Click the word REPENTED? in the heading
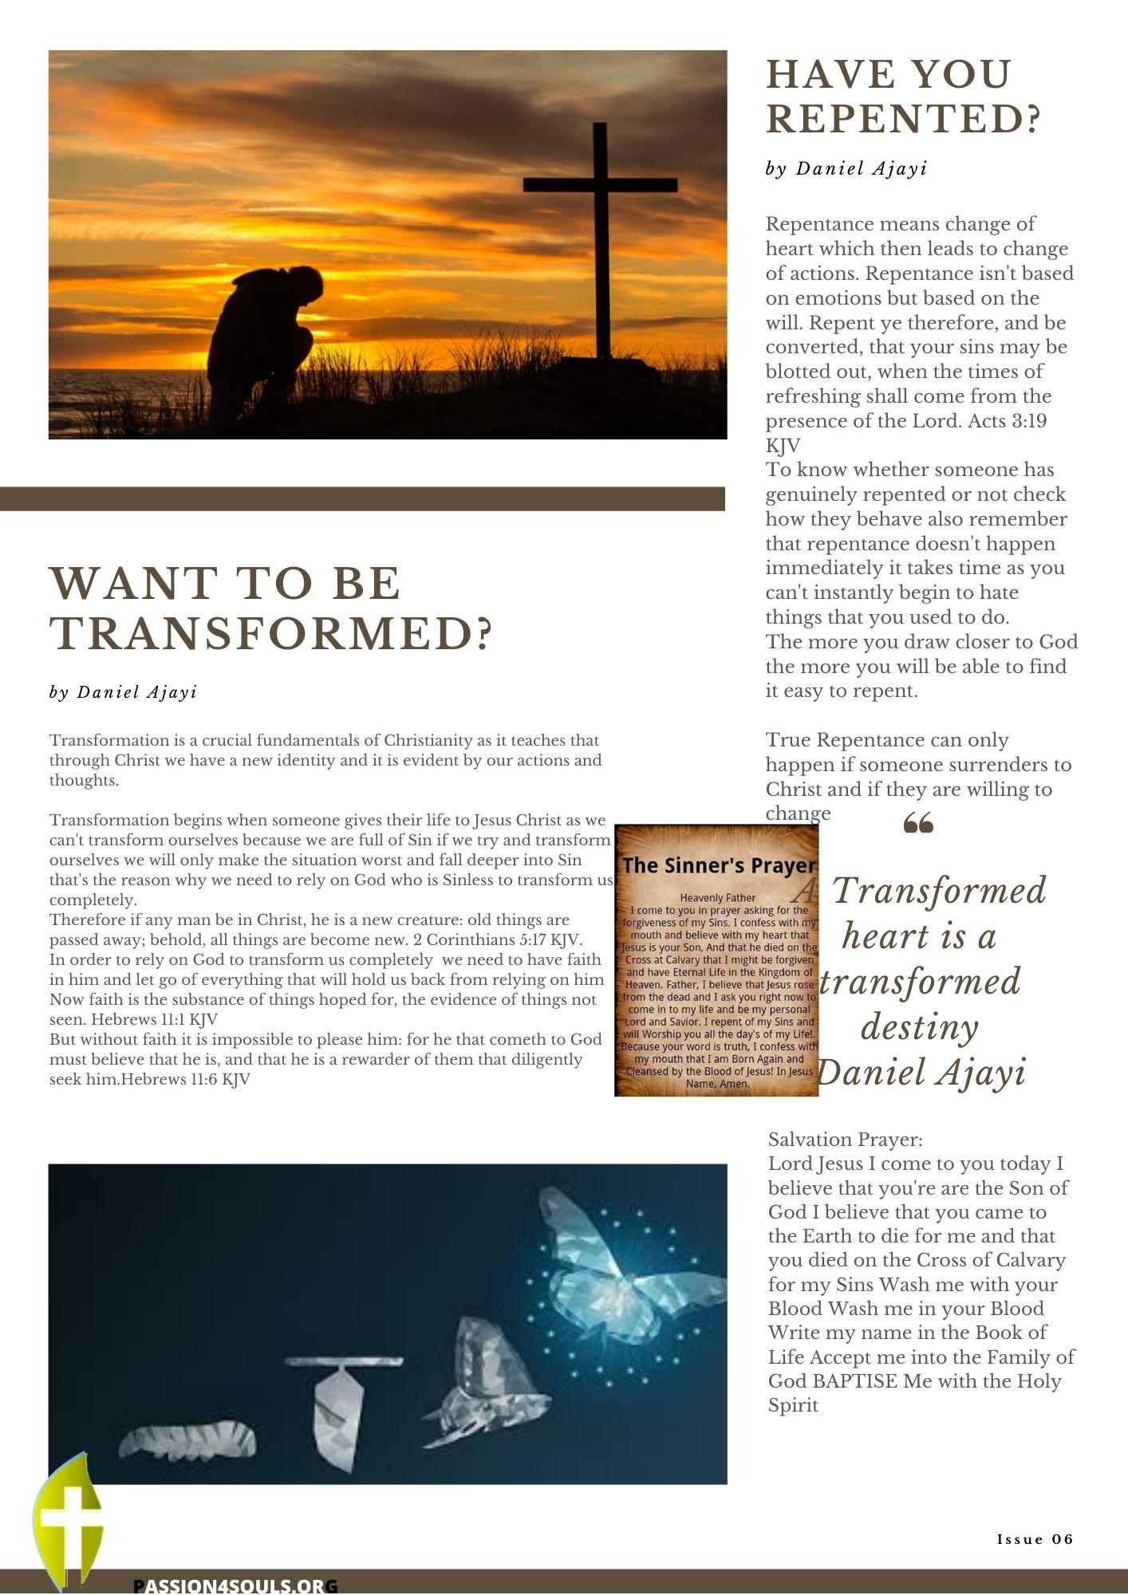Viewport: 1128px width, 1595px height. click(903, 119)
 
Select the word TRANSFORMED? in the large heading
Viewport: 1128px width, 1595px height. click(271, 633)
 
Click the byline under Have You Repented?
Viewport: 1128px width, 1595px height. click(846, 169)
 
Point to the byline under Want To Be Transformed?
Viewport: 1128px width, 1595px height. click(123, 692)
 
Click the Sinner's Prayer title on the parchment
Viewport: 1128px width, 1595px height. click(718, 865)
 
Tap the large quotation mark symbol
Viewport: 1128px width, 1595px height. click(918, 823)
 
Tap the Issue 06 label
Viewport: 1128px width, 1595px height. click(1035, 1539)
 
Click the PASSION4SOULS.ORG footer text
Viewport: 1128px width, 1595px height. click(235, 1585)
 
